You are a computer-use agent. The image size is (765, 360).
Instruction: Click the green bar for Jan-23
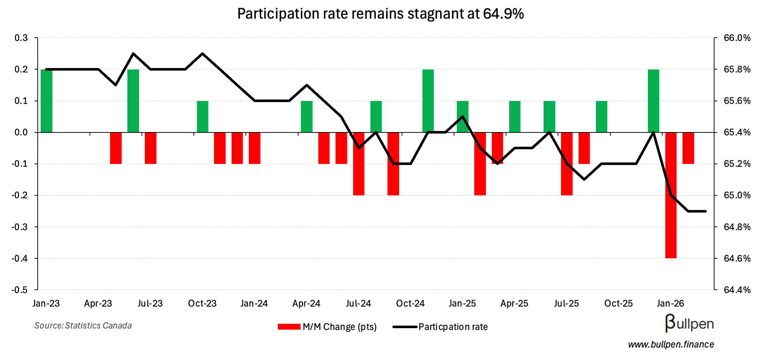click(x=46, y=101)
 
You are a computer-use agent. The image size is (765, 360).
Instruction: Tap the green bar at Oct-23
click(x=202, y=116)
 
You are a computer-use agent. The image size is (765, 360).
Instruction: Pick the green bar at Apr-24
click(x=307, y=116)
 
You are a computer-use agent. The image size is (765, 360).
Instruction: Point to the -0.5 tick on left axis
click(x=20, y=290)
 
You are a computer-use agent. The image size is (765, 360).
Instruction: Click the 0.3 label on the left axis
click(x=21, y=38)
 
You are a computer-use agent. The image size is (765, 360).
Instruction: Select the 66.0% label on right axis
click(x=737, y=38)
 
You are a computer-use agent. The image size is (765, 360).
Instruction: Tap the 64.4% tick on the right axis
click(x=737, y=290)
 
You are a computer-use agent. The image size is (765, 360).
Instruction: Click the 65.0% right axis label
click(x=737, y=195)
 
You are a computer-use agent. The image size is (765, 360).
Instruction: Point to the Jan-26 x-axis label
click(x=670, y=304)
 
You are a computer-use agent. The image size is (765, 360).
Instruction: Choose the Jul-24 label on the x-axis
click(x=358, y=304)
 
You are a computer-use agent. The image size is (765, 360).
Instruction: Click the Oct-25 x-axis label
click(x=618, y=304)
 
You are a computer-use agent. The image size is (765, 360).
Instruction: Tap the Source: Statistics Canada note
click(x=83, y=326)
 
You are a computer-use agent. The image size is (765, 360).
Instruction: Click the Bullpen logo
click(x=689, y=323)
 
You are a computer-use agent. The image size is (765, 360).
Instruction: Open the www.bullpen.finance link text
click(x=671, y=345)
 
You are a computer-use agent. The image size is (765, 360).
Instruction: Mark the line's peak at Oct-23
click(x=202, y=53)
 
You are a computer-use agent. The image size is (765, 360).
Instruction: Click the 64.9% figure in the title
click(x=503, y=14)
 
